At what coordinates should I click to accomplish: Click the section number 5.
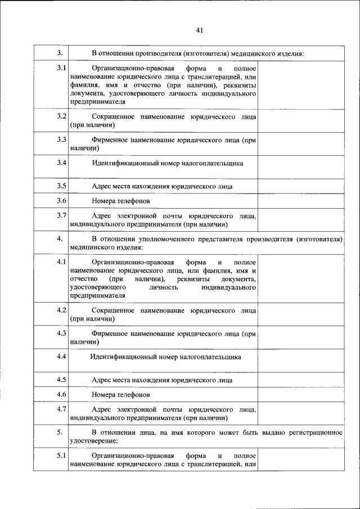pyautogui.click(x=60, y=431)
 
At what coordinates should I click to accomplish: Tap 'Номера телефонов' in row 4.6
pyautogui.click(x=120, y=395)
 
